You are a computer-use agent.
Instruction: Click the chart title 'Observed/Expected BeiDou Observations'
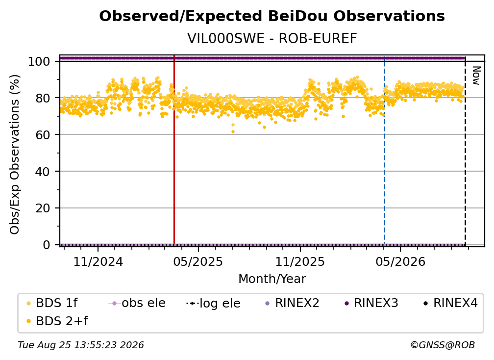pyautogui.click(x=272, y=16)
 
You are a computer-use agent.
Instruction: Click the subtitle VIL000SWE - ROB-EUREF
pyautogui.click(x=272, y=39)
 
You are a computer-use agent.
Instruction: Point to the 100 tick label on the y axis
pyautogui.click(x=39, y=61)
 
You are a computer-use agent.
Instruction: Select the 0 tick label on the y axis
pyautogui.click(x=47, y=245)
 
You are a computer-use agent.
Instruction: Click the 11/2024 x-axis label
pyautogui.click(x=98, y=262)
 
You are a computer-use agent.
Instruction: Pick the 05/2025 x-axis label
pyautogui.click(x=198, y=262)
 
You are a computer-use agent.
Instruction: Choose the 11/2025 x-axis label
pyautogui.click(x=300, y=262)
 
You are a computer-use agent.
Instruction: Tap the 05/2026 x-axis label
pyautogui.click(x=400, y=262)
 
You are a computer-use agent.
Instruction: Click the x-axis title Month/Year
pyautogui.click(x=272, y=279)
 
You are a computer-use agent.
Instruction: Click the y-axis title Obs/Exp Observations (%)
pyautogui.click(x=15, y=154)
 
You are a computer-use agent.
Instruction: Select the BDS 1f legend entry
pyautogui.click(x=52, y=303)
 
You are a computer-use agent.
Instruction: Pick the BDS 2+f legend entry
pyautogui.click(x=57, y=321)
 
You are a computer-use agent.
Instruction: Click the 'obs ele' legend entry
pyautogui.click(x=137, y=303)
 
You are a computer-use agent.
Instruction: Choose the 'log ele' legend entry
pyautogui.click(x=213, y=304)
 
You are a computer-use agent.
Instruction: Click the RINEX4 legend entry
pyautogui.click(x=450, y=303)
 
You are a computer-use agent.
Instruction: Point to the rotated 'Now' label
pyautogui.click(x=476, y=76)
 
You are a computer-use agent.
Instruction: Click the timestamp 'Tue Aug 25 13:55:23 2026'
pyautogui.click(x=81, y=345)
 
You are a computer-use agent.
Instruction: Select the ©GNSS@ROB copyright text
pyautogui.click(x=443, y=345)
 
